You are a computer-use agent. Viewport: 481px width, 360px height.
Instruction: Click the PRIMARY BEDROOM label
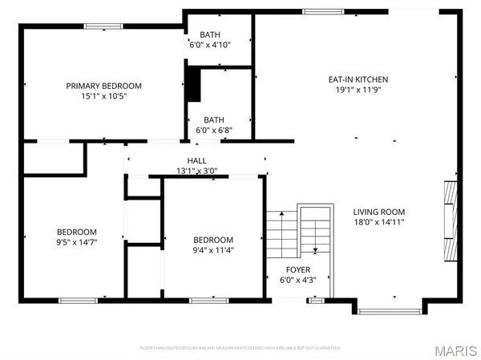103,86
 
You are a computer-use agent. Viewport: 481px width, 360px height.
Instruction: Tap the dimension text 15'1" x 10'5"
103,96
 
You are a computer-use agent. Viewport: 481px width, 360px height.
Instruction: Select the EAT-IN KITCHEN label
358,79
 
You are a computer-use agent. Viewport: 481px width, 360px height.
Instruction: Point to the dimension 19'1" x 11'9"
358,90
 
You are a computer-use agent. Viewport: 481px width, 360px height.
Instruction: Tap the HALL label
196,160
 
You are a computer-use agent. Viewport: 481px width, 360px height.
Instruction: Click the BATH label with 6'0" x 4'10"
209,34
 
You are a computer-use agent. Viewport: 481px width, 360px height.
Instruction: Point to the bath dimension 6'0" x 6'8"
213,130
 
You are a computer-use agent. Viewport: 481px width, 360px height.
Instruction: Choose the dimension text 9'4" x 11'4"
213,249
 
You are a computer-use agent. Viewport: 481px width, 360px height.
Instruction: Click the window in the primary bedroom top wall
99,26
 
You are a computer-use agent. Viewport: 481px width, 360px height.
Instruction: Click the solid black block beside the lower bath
192,84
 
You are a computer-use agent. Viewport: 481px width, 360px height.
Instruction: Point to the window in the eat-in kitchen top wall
314,11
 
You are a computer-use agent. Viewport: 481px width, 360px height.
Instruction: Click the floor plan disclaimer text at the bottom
240,348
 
